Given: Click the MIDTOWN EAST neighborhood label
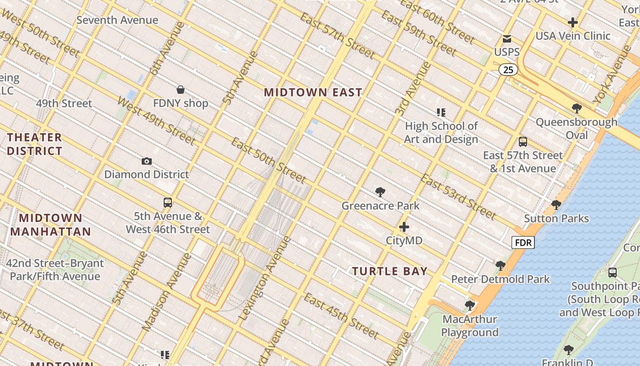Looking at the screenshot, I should (x=313, y=92).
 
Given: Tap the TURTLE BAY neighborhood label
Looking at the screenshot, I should (x=389, y=271).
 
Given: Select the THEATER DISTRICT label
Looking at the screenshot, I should (x=34, y=144).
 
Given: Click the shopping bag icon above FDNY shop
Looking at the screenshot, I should (x=181, y=90).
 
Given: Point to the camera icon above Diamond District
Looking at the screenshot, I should (x=147, y=161).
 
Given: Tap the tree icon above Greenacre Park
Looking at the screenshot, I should (x=380, y=192).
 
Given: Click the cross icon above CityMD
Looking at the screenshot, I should (x=404, y=227).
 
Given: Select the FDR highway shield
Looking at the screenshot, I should (x=523, y=242).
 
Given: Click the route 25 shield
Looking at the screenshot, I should (x=508, y=70).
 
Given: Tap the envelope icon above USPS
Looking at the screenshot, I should (x=507, y=39).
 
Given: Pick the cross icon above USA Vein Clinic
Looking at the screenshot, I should (x=572, y=22).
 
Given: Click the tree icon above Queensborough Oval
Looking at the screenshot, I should (x=576, y=108).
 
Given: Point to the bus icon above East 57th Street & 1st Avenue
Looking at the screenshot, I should (x=523, y=142).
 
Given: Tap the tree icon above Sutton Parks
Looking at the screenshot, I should (x=556, y=205).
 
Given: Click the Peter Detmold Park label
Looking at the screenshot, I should (x=500, y=279).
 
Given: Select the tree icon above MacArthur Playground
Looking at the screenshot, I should (x=469, y=305).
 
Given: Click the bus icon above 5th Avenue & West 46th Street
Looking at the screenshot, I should (x=168, y=203).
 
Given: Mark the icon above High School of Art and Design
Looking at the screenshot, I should (x=441, y=112).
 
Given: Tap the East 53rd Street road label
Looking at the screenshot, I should (x=458, y=196).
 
